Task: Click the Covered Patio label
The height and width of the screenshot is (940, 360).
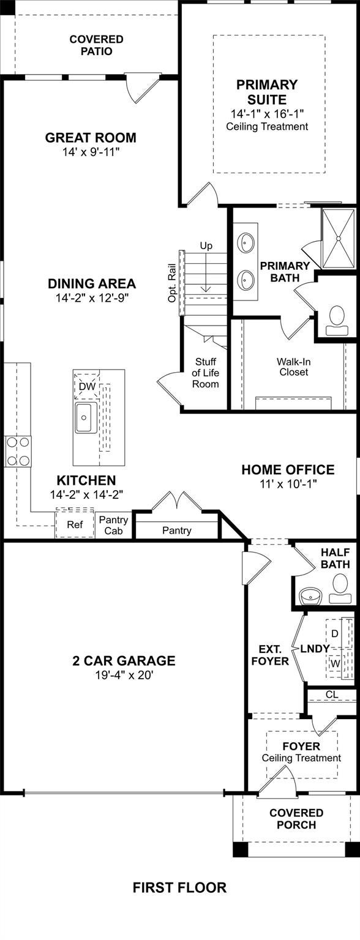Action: tap(96, 45)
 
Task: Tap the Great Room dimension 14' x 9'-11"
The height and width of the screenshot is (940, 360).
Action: tap(91, 152)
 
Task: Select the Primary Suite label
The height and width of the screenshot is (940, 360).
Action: tap(267, 92)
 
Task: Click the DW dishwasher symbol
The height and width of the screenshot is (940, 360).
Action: tap(88, 387)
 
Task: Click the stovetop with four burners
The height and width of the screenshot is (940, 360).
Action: tap(18, 451)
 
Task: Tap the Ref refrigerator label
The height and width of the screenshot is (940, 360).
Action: tap(75, 524)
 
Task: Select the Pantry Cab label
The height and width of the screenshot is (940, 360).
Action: tap(113, 526)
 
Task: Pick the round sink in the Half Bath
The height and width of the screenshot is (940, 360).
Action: tap(310, 595)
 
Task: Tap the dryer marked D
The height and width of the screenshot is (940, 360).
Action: tap(334, 633)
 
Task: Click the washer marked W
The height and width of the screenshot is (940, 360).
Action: tap(335, 663)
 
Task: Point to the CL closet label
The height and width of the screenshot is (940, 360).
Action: tap(332, 695)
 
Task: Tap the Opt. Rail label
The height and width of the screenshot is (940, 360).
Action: tap(171, 283)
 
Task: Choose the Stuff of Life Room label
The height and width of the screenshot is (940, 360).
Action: tap(205, 373)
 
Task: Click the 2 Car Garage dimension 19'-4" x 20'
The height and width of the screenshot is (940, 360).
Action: tap(124, 675)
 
